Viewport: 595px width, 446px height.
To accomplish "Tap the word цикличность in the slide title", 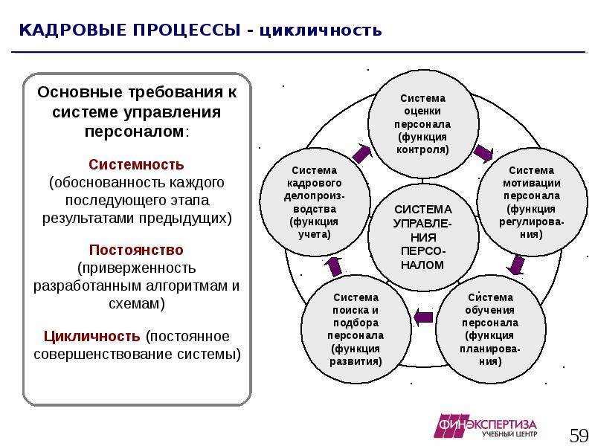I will click(x=321, y=31).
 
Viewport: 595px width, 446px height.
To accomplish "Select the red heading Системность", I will click(x=136, y=164).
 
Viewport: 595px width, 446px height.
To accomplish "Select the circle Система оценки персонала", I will click(x=422, y=123).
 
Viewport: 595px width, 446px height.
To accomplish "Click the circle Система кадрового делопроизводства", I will click(x=315, y=201).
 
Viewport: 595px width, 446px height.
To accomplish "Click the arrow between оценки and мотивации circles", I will click(x=482, y=153).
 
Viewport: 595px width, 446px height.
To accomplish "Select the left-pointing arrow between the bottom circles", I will click(x=422, y=317).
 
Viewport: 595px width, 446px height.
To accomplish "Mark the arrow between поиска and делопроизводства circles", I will click(x=334, y=266).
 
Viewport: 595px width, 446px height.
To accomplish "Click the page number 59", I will click(x=579, y=433).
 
